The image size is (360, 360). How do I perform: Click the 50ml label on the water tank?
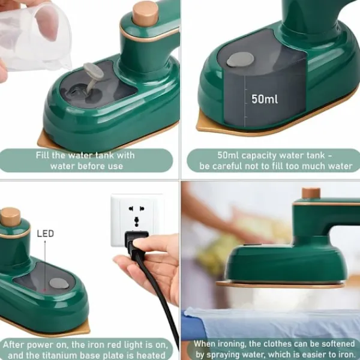(x=265, y=99)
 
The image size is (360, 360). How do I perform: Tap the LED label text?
(x=46, y=233)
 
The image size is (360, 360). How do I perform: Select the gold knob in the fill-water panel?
(x=146, y=13)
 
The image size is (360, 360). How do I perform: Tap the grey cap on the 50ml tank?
(x=240, y=59)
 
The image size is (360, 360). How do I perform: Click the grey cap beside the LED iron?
(x=59, y=283)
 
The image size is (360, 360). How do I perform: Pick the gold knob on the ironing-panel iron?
(x=311, y=193)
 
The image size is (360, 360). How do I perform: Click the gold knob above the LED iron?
(x=10, y=217)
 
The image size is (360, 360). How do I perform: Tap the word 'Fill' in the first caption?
(x=43, y=155)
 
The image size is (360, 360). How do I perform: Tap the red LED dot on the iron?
(x=45, y=290)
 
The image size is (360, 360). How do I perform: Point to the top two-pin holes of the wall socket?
(x=136, y=209)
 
